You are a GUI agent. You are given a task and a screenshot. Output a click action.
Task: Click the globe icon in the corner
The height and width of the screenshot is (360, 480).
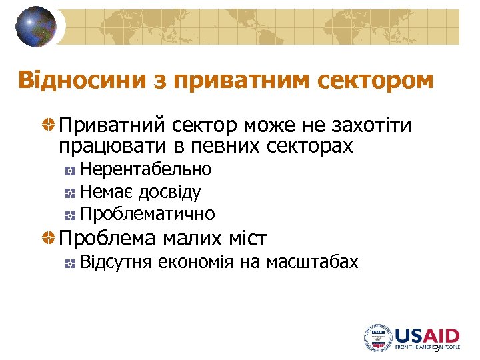36,27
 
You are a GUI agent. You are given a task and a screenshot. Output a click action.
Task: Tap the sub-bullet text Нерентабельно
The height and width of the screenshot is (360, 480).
146,169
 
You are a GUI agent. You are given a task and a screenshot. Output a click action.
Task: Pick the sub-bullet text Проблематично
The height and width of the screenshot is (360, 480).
147,214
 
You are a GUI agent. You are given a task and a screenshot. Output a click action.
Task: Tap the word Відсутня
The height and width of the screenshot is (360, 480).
116,263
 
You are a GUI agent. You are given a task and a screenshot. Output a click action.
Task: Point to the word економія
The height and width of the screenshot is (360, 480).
197,263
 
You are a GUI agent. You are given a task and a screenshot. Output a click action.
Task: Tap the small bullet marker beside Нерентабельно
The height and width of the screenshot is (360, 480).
70,171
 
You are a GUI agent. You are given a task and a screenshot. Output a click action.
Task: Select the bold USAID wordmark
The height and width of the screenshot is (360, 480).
427,335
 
